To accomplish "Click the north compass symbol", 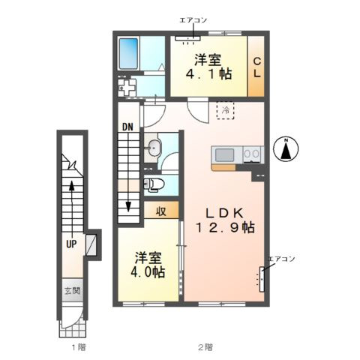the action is (286, 149).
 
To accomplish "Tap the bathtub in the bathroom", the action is (128, 53).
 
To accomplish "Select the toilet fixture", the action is (154, 184).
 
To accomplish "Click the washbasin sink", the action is (154, 148).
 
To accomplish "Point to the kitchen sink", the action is (225, 155).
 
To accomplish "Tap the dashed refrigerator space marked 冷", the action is (225, 110).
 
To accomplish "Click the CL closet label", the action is (257, 67).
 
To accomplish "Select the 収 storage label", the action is (161, 211).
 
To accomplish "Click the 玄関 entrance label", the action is (73, 290).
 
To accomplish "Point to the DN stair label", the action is (127, 127).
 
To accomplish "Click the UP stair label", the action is (71, 244).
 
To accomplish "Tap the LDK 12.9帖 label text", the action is (225, 220).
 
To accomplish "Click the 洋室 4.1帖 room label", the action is (208, 67).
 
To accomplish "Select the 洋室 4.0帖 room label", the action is (148, 265).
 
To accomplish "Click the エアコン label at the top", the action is (193, 20).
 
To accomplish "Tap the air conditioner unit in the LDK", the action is (262, 279).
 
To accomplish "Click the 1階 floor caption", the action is (79, 347).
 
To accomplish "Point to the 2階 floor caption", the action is (205, 347).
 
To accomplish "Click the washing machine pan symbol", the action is (127, 87).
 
